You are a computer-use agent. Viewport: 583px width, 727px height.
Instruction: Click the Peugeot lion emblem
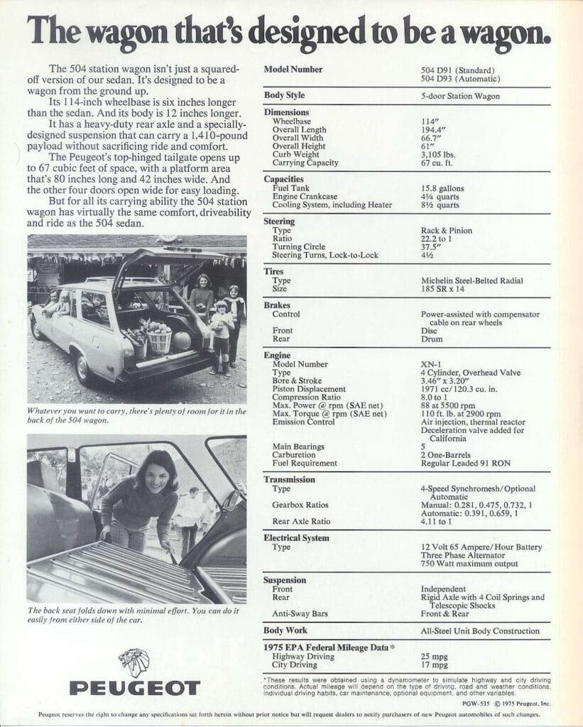pos(134,662)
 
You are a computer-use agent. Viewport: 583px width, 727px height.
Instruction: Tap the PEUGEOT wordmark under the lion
pos(134,688)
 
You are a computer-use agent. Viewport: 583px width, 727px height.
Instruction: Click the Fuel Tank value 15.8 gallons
pos(442,188)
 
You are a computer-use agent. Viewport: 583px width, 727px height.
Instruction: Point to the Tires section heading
pos(273,272)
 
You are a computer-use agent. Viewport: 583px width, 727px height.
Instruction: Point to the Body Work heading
pos(285,630)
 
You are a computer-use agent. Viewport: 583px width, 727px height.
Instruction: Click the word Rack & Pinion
pos(446,231)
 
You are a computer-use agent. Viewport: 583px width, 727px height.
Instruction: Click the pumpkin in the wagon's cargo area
pos(182,340)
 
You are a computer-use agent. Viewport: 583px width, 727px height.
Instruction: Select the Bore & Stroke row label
pos(297,381)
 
